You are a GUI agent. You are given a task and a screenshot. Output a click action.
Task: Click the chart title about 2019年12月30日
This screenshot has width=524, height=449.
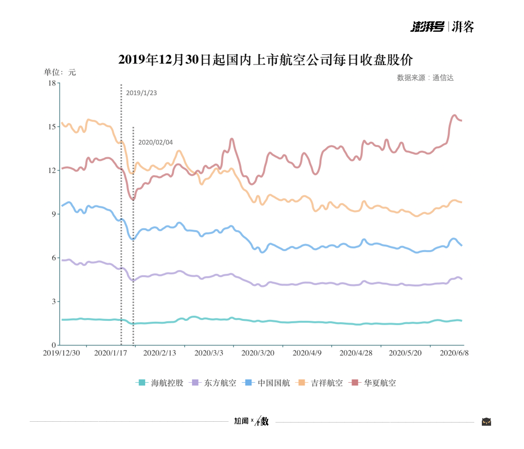pos(265,60)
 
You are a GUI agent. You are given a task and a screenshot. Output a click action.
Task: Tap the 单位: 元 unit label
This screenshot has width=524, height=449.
pos(60,72)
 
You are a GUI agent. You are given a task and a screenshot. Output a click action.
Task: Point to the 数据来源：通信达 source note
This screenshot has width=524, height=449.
pos(425,78)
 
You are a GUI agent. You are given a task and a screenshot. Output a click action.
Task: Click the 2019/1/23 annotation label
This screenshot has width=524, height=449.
pos(141,93)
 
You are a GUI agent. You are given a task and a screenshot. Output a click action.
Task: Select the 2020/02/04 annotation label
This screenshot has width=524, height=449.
pos(155,143)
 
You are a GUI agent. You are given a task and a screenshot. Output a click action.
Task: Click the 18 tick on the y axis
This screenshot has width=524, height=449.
pos(52,83)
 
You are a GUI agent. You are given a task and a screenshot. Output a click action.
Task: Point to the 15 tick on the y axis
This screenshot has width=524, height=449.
pos(52,127)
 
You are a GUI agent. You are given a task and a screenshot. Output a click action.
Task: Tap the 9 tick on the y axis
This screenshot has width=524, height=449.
pos(53,214)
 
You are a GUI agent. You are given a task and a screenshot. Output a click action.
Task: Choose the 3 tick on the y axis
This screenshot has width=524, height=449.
pos(53,302)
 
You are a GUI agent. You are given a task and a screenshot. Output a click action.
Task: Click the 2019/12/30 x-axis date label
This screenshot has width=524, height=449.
pos(61,353)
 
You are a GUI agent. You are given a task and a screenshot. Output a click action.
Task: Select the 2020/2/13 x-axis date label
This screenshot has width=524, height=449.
pos(159,353)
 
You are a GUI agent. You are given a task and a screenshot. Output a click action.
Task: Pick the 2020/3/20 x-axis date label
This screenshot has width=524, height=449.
pos(258,353)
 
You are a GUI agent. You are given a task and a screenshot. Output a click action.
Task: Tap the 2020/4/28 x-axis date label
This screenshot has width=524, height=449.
pos(356,353)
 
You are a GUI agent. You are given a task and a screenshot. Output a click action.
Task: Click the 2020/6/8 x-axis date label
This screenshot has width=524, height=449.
pos(454,353)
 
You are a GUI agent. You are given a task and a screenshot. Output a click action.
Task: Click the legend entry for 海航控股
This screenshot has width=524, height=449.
pos(160,383)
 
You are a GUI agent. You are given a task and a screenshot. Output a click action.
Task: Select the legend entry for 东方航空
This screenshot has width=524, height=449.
pos(213,383)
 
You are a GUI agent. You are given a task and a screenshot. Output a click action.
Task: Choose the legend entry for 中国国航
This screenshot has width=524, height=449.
pos(267,383)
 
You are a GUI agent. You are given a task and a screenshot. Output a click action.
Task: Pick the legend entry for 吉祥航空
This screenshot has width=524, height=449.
pos(320,383)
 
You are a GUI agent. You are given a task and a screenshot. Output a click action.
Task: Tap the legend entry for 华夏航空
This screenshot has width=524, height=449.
pos(373,383)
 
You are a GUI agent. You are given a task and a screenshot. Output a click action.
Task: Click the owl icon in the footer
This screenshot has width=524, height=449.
pos(486,422)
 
